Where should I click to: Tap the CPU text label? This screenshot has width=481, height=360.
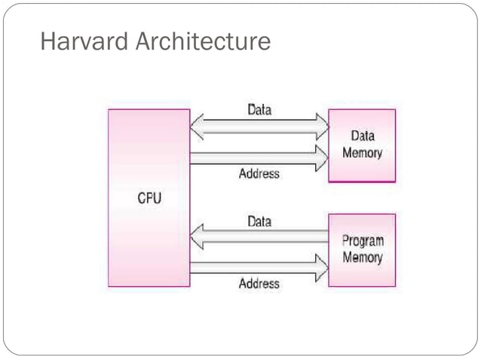[149, 200]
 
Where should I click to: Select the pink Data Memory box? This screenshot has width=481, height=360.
[362, 145]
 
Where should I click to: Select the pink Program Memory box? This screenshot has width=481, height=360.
[362, 250]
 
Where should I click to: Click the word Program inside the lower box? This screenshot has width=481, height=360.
[363, 242]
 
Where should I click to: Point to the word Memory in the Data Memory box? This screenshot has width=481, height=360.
[363, 153]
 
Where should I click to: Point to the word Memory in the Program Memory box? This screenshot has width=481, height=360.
[363, 258]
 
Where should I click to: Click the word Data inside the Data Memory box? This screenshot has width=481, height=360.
[363, 137]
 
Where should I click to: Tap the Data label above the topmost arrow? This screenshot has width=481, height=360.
[259, 109]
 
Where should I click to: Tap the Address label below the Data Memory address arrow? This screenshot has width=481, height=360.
[259, 174]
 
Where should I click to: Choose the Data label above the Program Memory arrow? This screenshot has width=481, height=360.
[259, 222]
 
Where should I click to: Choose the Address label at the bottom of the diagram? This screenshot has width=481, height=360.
[259, 284]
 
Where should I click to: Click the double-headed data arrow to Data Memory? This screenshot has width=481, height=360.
[259, 126]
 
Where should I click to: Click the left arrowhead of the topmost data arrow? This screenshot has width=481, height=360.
[197, 126]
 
